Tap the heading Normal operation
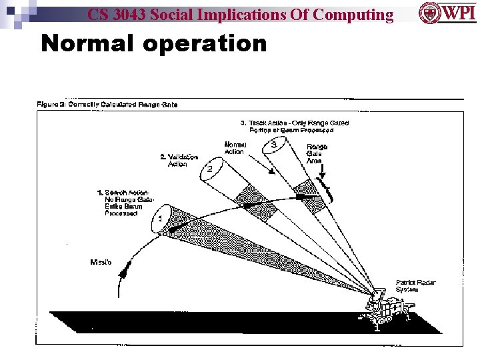coord(153,43)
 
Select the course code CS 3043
coord(119,14)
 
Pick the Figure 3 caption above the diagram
coord(107,104)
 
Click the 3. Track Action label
coord(294,126)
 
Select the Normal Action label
coord(235,148)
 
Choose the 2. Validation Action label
coord(179,160)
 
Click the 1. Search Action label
coord(125,203)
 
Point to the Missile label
coord(101,261)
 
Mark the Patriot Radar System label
coord(415,286)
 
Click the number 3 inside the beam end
coord(274,145)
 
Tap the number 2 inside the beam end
coord(209,169)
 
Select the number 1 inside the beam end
coord(160,218)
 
